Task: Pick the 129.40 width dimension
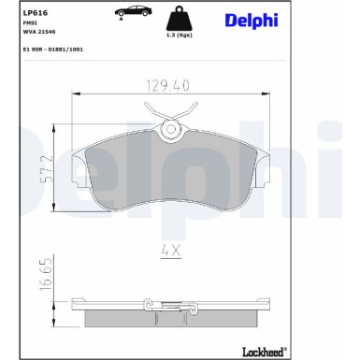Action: point(169,85)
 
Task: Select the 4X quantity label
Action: point(169,250)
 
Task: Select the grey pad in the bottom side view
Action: point(169,318)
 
